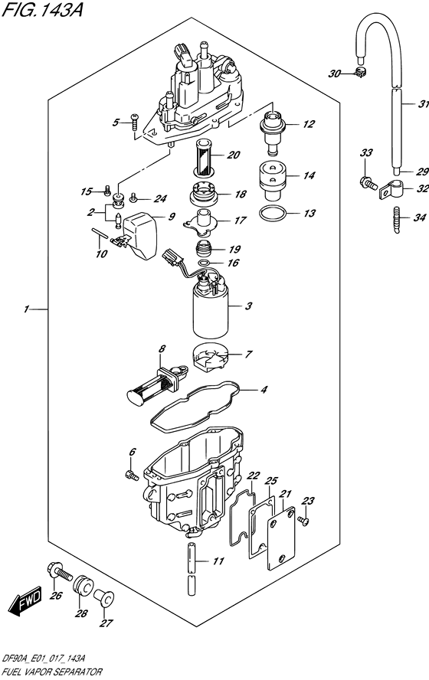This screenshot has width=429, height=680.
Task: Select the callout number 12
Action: click(x=308, y=124)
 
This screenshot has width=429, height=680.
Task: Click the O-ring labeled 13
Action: click(x=273, y=213)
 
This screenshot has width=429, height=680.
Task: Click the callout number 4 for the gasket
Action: click(x=263, y=390)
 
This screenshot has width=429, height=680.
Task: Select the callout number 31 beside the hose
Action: click(x=403, y=105)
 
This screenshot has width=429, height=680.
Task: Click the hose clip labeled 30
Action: click(x=359, y=74)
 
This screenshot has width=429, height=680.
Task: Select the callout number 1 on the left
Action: click(x=26, y=309)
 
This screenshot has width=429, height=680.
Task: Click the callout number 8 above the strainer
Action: click(x=162, y=350)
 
